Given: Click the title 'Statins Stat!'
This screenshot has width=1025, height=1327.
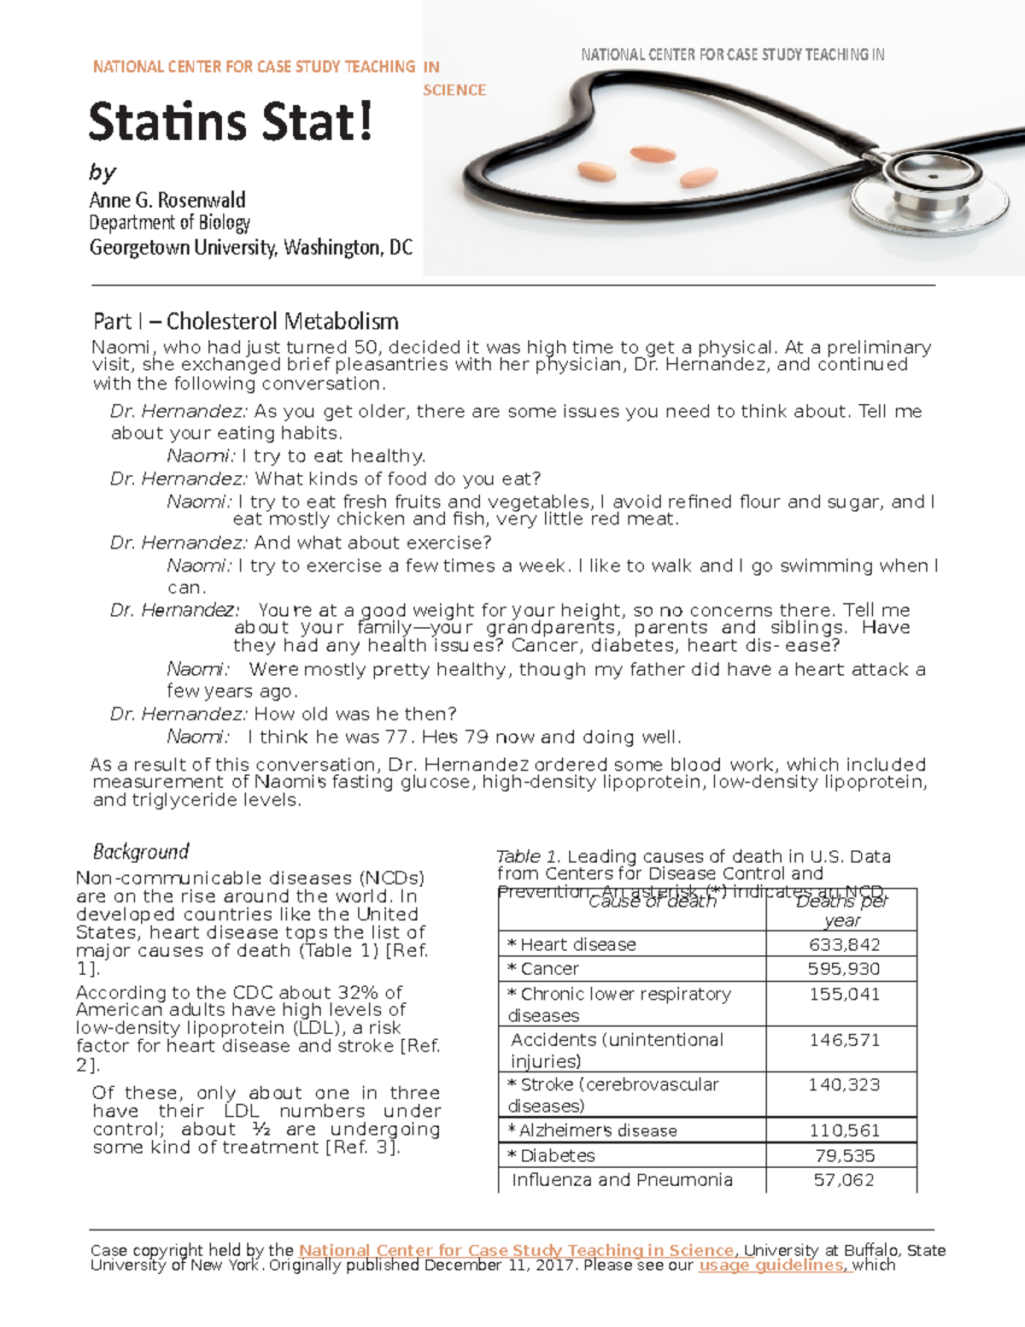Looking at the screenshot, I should click(231, 122).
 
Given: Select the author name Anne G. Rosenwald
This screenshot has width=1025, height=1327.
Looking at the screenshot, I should click(167, 200).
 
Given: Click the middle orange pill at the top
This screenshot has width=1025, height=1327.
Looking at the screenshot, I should click(653, 154).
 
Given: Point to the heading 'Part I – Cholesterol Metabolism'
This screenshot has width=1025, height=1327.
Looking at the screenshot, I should click(246, 321).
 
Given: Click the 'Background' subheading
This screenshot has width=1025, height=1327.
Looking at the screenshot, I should click(141, 851).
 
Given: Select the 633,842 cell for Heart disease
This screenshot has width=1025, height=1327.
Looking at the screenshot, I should click(844, 944).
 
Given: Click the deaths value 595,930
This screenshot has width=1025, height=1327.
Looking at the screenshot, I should click(844, 968).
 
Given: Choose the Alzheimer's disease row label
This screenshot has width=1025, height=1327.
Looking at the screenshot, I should click(598, 1130).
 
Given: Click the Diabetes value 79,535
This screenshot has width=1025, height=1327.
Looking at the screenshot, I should click(844, 1155).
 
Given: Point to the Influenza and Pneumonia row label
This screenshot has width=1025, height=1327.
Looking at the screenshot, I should click(622, 1180).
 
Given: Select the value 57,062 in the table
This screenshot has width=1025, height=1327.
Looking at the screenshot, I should click(844, 1180).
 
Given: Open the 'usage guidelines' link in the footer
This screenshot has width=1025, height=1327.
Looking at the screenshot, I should click(772, 1265).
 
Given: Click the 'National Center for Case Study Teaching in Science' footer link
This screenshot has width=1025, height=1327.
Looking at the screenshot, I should click(516, 1250).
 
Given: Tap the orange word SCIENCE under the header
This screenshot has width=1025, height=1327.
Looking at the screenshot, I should click(454, 91).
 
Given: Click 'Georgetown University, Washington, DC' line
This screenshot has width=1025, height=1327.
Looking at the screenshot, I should click(251, 248).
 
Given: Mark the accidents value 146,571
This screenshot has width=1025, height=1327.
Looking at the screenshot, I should click(844, 1040).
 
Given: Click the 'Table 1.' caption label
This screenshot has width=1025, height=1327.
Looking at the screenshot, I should click(528, 856).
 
